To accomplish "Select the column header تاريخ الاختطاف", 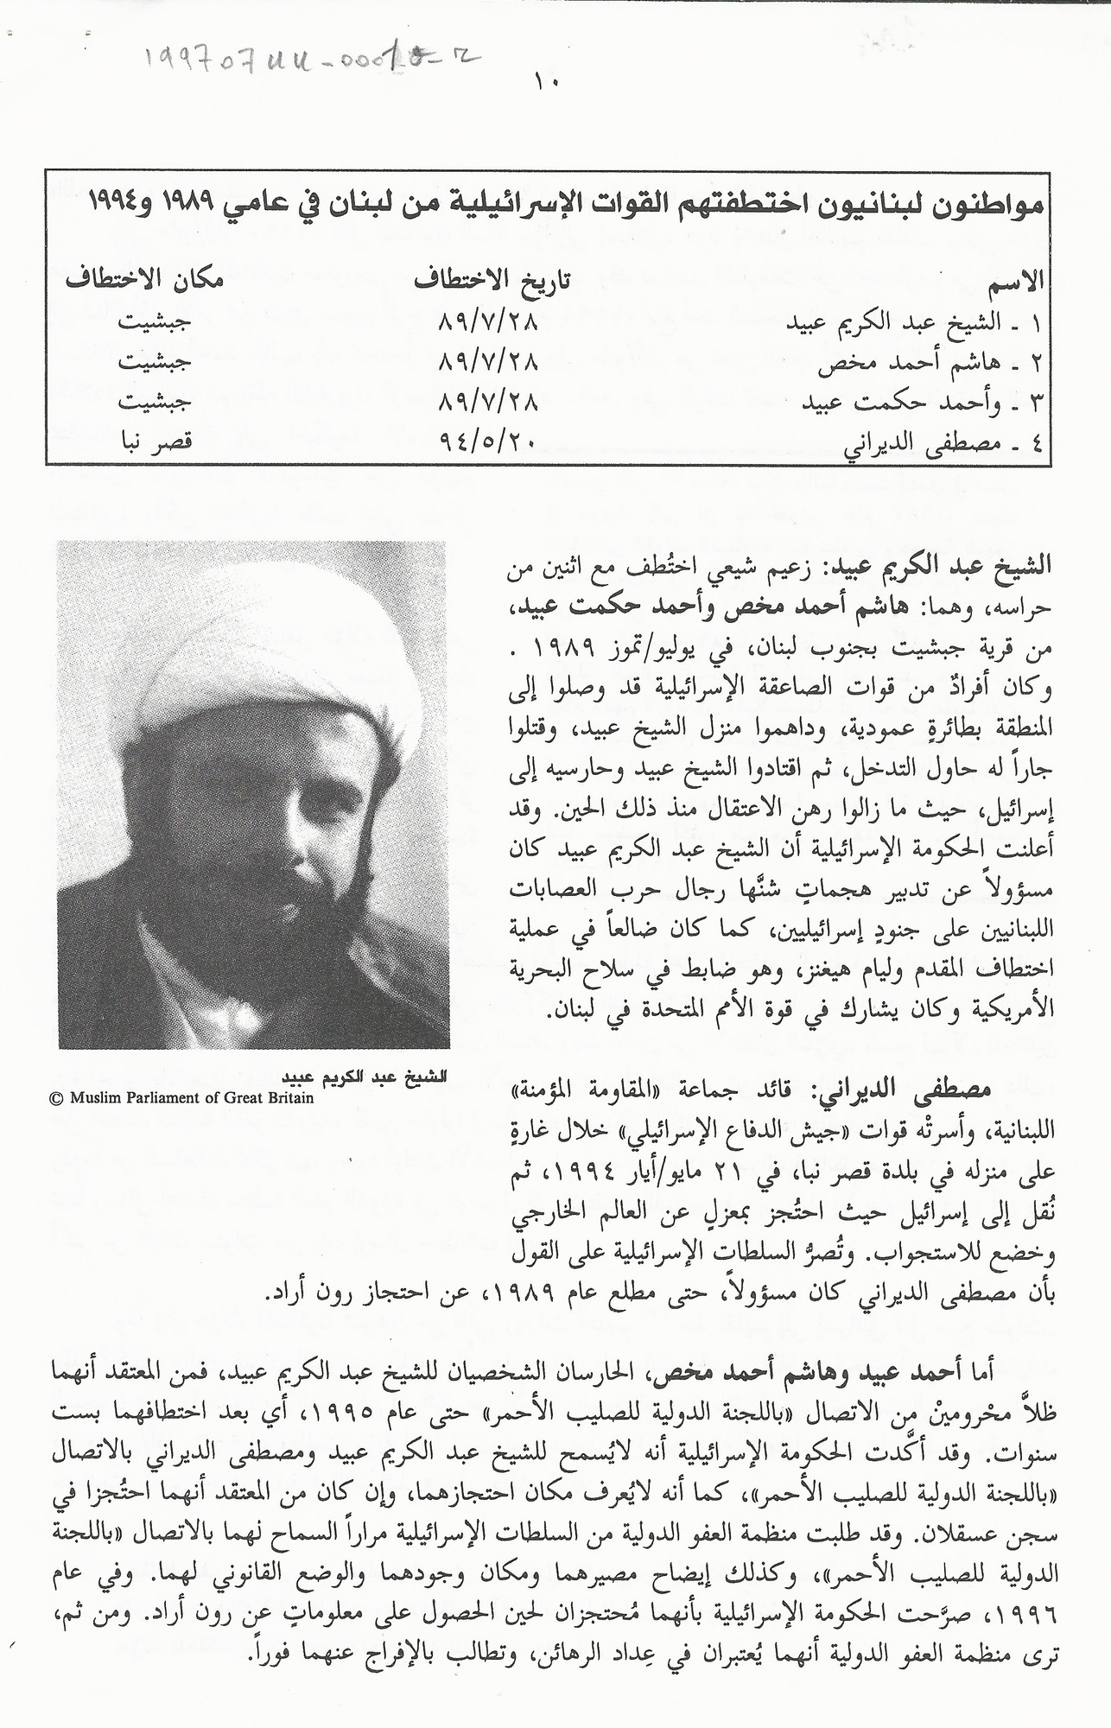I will click(494, 282).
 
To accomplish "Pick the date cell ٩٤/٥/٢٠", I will click(489, 441).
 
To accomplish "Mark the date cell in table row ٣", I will click(489, 402).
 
